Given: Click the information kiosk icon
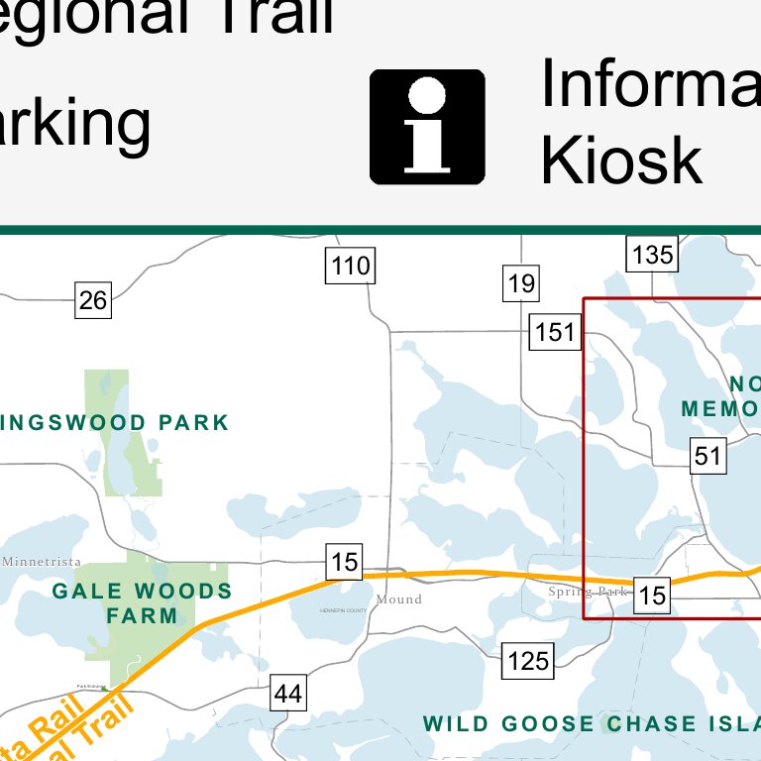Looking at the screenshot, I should pyautogui.click(x=427, y=127).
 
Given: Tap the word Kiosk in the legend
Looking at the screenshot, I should pyautogui.click(x=621, y=160).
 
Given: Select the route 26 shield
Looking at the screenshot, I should pyautogui.click(x=93, y=299).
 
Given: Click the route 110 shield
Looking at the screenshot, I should pyautogui.click(x=351, y=266).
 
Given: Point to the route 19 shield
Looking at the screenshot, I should pyautogui.click(x=521, y=284).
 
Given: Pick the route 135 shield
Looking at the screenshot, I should pyautogui.click(x=652, y=255).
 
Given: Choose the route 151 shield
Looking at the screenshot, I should pyautogui.click(x=555, y=331).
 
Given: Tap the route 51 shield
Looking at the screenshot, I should pyautogui.click(x=708, y=456).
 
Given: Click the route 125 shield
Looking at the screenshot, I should pyautogui.click(x=528, y=660).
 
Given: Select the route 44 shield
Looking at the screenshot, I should pyautogui.click(x=287, y=694).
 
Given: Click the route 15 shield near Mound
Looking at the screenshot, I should pyautogui.click(x=344, y=563).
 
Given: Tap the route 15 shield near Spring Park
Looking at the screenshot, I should pyautogui.click(x=652, y=595).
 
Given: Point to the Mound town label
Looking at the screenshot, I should pyautogui.click(x=399, y=599).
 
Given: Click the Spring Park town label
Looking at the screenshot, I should pyautogui.click(x=589, y=592).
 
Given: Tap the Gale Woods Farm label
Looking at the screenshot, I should pyautogui.click(x=143, y=603).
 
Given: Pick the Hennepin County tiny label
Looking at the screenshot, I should pyautogui.click(x=343, y=610).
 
